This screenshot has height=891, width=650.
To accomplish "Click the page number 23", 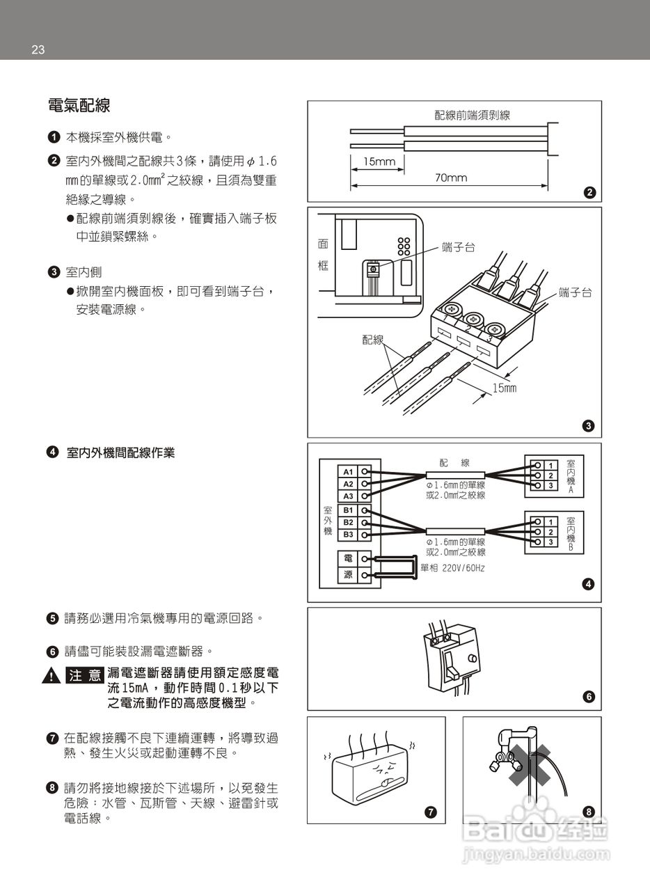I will tap(38, 49).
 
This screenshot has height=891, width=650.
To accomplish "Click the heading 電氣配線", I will tap(79, 106).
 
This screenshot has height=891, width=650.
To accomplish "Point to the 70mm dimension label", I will tap(451, 178).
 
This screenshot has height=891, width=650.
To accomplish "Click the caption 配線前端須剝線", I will tap(472, 115).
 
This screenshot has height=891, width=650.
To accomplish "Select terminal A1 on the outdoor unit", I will tap(349, 471).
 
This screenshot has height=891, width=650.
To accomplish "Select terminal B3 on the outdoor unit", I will tap(349, 535).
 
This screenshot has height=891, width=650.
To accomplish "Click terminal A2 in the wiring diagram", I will tap(349, 484).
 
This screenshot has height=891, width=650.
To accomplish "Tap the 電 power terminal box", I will tap(349, 558).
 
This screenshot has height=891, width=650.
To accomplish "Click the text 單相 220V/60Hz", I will tap(453, 568).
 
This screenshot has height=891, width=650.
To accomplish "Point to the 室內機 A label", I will tap(571, 476).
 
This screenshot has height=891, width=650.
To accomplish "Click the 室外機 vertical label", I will tap(327, 521).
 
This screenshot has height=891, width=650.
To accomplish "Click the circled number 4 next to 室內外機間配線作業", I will tap(52, 452).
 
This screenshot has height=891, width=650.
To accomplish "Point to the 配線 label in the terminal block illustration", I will tap(373, 339).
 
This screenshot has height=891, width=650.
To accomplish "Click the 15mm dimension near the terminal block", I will tap(505, 388).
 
